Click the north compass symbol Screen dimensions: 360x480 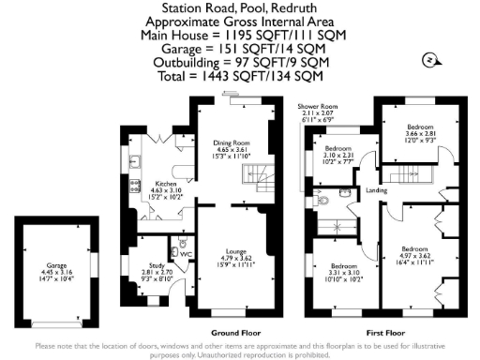coord(428,60)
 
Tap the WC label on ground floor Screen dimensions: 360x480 coord(186,253)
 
